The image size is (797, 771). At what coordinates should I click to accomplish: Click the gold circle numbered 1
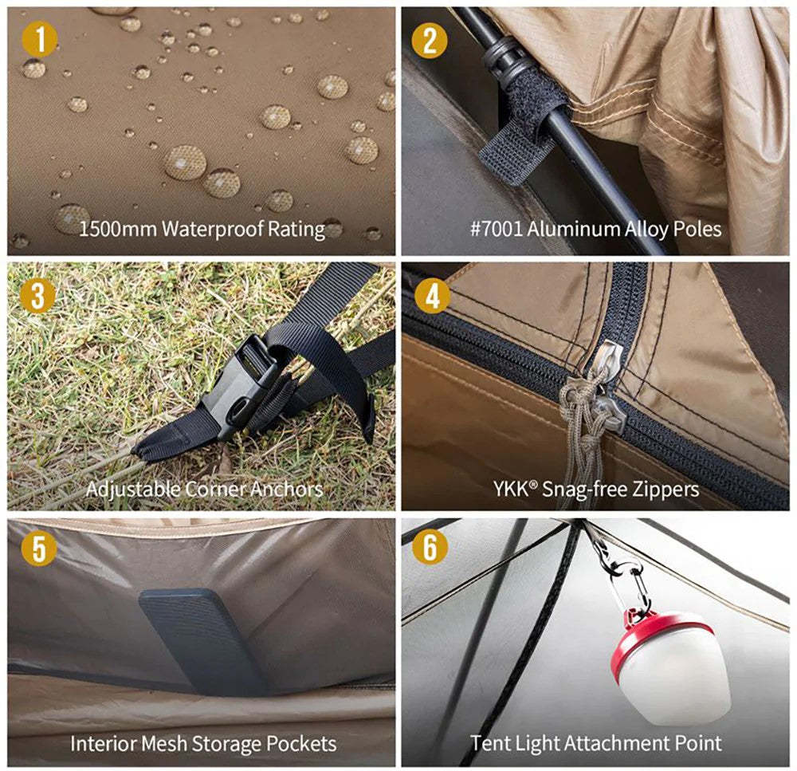39,39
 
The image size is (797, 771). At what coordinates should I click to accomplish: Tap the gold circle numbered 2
430,40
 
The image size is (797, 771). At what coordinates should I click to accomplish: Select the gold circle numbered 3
38,295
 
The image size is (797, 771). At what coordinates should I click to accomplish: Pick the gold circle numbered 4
433,296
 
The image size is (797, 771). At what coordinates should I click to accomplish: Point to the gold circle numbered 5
39,549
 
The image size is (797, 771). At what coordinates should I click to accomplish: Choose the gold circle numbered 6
430,547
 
